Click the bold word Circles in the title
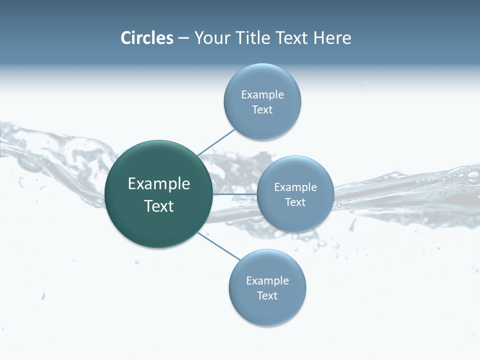[147, 38]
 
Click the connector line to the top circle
[216, 142]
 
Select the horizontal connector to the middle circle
[234, 194]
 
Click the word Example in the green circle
[159, 184]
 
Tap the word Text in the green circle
[159, 206]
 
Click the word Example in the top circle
[262, 95]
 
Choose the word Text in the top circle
[262, 110]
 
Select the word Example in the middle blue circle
[295, 187]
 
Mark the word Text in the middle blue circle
[295, 202]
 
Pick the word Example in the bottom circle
[267, 281]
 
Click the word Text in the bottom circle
[267, 296]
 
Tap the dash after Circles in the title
[183, 38]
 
